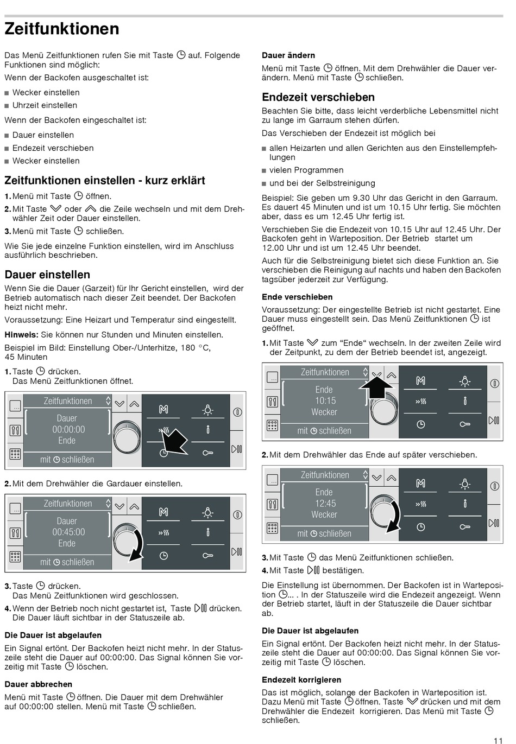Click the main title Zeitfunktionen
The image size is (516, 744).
click(62, 29)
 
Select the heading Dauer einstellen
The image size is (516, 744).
click(47, 275)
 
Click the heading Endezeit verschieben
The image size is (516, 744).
click(318, 97)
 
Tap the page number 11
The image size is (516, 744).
click(498, 740)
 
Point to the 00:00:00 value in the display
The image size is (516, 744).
click(68, 429)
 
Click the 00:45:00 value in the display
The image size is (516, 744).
click(68, 532)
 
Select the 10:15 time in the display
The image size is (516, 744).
click(325, 400)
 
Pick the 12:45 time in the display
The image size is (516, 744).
click(325, 503)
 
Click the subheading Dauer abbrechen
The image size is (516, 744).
click(38, 684)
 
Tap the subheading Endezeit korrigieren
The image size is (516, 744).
click(301, 679)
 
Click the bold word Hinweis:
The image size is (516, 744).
click(21, 335)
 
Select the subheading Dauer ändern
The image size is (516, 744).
click(288, 55)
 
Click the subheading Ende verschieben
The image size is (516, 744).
click(297, 297)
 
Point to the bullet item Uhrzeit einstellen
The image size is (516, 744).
click(45, 105)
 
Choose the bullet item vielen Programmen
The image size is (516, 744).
click(306, 170)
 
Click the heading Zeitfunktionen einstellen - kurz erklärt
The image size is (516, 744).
click(105, 180)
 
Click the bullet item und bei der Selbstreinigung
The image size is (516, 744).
click(322, 183)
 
